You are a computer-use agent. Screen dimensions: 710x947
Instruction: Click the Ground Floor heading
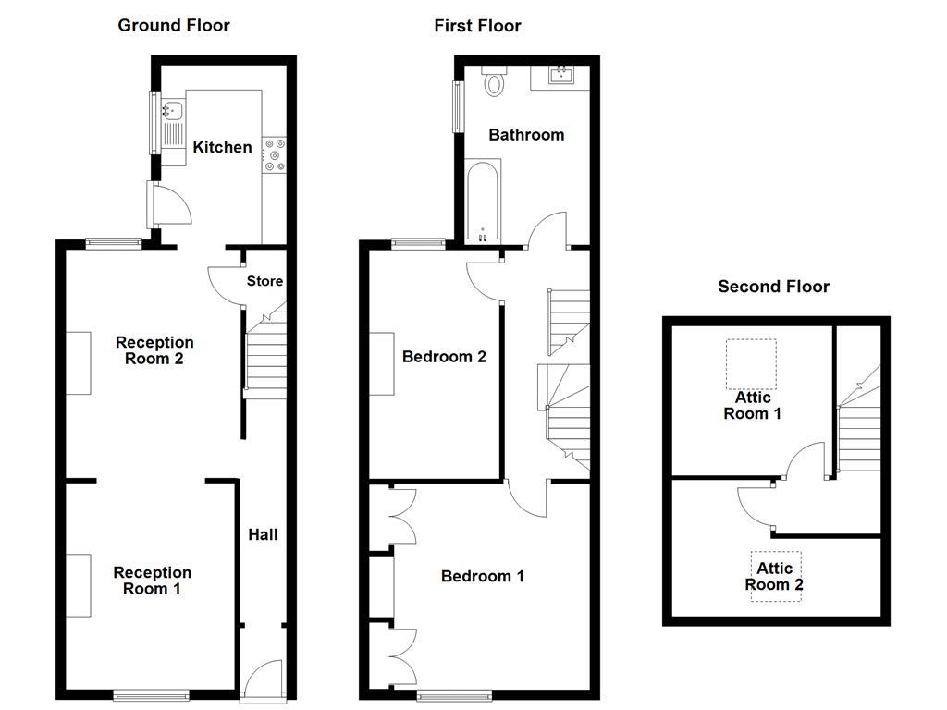click(174, 25)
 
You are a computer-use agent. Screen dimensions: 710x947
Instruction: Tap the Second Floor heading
click(773, 287)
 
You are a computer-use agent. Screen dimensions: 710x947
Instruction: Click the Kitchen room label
click(222, 147)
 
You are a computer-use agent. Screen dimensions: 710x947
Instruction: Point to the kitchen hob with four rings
click(275, 153)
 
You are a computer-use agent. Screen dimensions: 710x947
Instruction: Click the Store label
click(264, 281)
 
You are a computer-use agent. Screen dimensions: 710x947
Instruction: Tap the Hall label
click(263, 534)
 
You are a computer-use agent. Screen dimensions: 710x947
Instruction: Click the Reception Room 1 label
click(153, 581)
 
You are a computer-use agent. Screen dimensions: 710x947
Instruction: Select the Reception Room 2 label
click(154, 350)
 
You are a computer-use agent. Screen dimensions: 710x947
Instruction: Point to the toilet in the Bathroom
click(495, 82)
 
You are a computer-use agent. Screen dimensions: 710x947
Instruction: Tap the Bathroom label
click(526, 135)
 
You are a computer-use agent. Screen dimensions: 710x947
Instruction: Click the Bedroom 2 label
click(444, 357)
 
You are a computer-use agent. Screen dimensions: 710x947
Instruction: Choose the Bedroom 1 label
click(483, 577)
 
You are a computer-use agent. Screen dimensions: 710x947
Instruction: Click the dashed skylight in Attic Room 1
click(750, 363)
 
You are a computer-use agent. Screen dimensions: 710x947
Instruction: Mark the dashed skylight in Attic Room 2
click(775, 576)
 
